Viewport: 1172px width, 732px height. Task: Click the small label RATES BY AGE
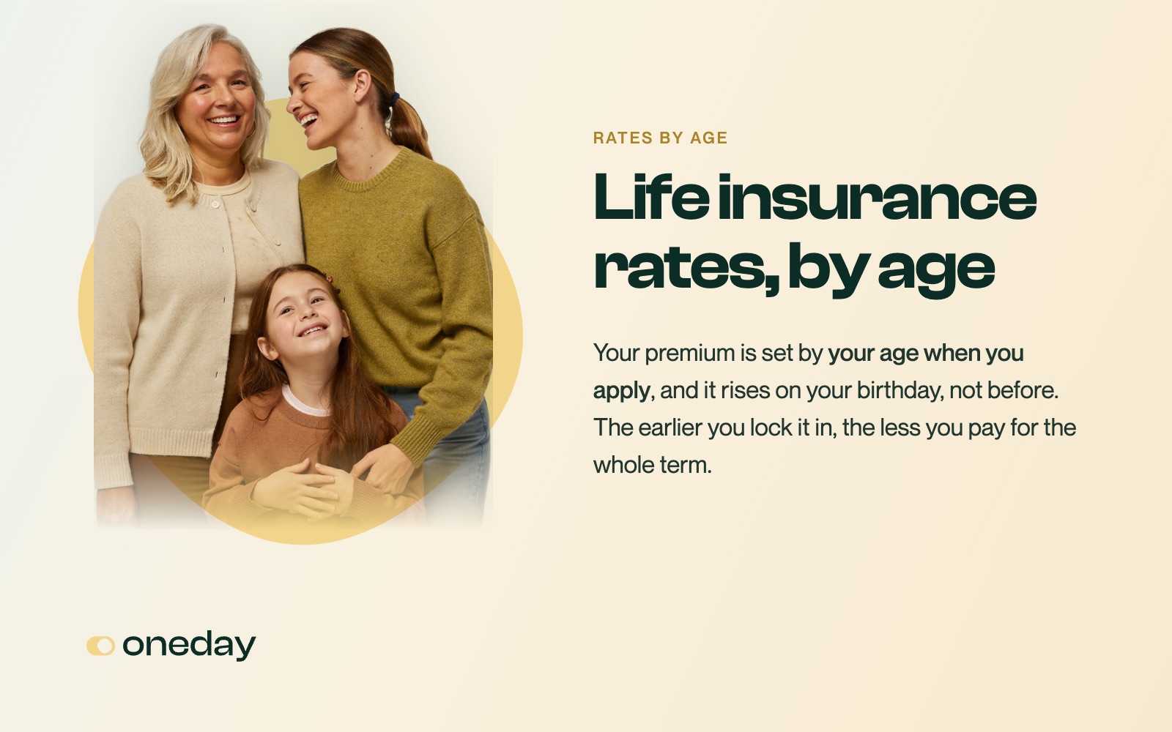660,138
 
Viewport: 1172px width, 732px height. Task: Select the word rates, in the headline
686,268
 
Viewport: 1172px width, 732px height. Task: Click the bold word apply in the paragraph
621,392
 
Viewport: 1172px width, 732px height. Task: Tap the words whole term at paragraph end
652,465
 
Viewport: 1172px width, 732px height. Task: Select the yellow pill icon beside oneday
100,646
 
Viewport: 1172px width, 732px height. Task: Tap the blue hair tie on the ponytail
394,99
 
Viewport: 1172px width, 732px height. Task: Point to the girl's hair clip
330,281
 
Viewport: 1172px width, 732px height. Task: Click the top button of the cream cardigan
215,204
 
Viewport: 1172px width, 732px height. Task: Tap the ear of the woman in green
363,85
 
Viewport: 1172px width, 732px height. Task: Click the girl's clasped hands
308,489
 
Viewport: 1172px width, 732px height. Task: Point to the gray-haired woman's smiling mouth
224,121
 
